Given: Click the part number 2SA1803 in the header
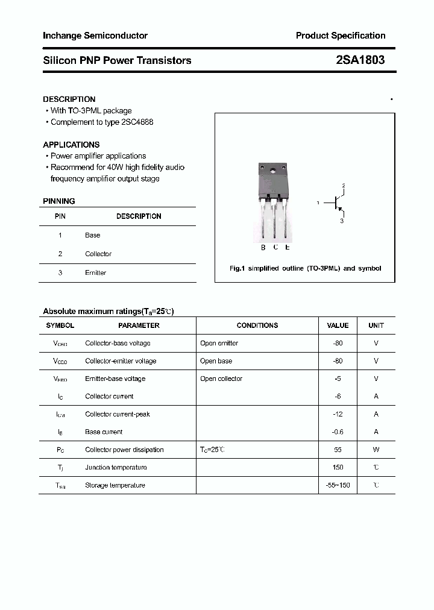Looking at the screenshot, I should point(360,60).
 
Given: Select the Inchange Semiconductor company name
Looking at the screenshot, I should point(95,36).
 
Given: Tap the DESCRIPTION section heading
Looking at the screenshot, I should point(69,99).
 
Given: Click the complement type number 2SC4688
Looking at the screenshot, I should point(137,122).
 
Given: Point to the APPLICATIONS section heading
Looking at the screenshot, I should point(71,145).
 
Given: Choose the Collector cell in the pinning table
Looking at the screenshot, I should point(98,254).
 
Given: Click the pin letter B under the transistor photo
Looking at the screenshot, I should point(263,247).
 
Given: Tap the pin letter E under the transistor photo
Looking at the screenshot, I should point(288,247).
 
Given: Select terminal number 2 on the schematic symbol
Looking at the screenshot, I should point(343,186).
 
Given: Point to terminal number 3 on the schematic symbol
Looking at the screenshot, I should point(342,221).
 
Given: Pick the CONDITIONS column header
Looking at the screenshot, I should point(257,325).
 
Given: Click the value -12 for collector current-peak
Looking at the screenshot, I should point(338,414).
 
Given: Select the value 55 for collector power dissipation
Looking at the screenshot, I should point(338,450).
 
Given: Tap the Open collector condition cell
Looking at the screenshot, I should point(221,379).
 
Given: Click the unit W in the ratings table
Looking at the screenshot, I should point(376,450).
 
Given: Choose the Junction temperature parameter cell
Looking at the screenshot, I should point(116,467).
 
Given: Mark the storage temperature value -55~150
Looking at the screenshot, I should point(338,485).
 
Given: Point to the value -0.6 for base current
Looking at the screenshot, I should point(338,432).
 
